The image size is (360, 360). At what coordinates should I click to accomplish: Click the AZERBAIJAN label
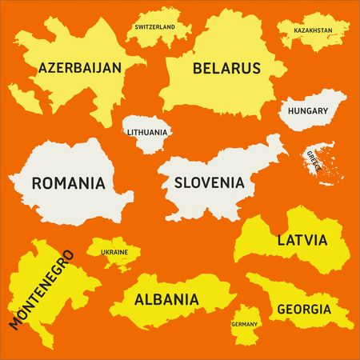pyautogui.click(x=80, y=68)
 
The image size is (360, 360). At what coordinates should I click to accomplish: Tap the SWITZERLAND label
pyautogui.click(x=155, y=26)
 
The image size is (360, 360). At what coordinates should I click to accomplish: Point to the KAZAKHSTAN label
pyautogui.click(x=314, y=30)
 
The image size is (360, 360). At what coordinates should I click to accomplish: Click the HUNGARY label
pyautogui.click(x=310, y=110)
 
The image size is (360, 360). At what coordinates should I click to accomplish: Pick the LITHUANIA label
pyautogui.click(x=147, y=132)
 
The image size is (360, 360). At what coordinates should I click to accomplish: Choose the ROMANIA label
pyautogui.click(x=68, y=182)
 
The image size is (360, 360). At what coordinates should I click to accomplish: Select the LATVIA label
pyautogui.click(x=302, y=239)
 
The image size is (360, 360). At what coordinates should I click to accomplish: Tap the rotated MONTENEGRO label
pyautogui.click(x=41, y=289)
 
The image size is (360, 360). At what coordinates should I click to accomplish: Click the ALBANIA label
pyautogui.click(x=166, y=300)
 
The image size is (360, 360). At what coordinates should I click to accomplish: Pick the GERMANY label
pyautogui.click(x=244, y=324)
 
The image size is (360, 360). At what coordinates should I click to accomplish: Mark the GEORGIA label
pyautogui.click(x=303, y=309)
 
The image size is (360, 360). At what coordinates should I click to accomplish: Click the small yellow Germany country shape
pyautogui.click(x=245, y=314)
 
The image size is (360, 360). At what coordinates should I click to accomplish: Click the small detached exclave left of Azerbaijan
pyautogui.click(x=26, y=100)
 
